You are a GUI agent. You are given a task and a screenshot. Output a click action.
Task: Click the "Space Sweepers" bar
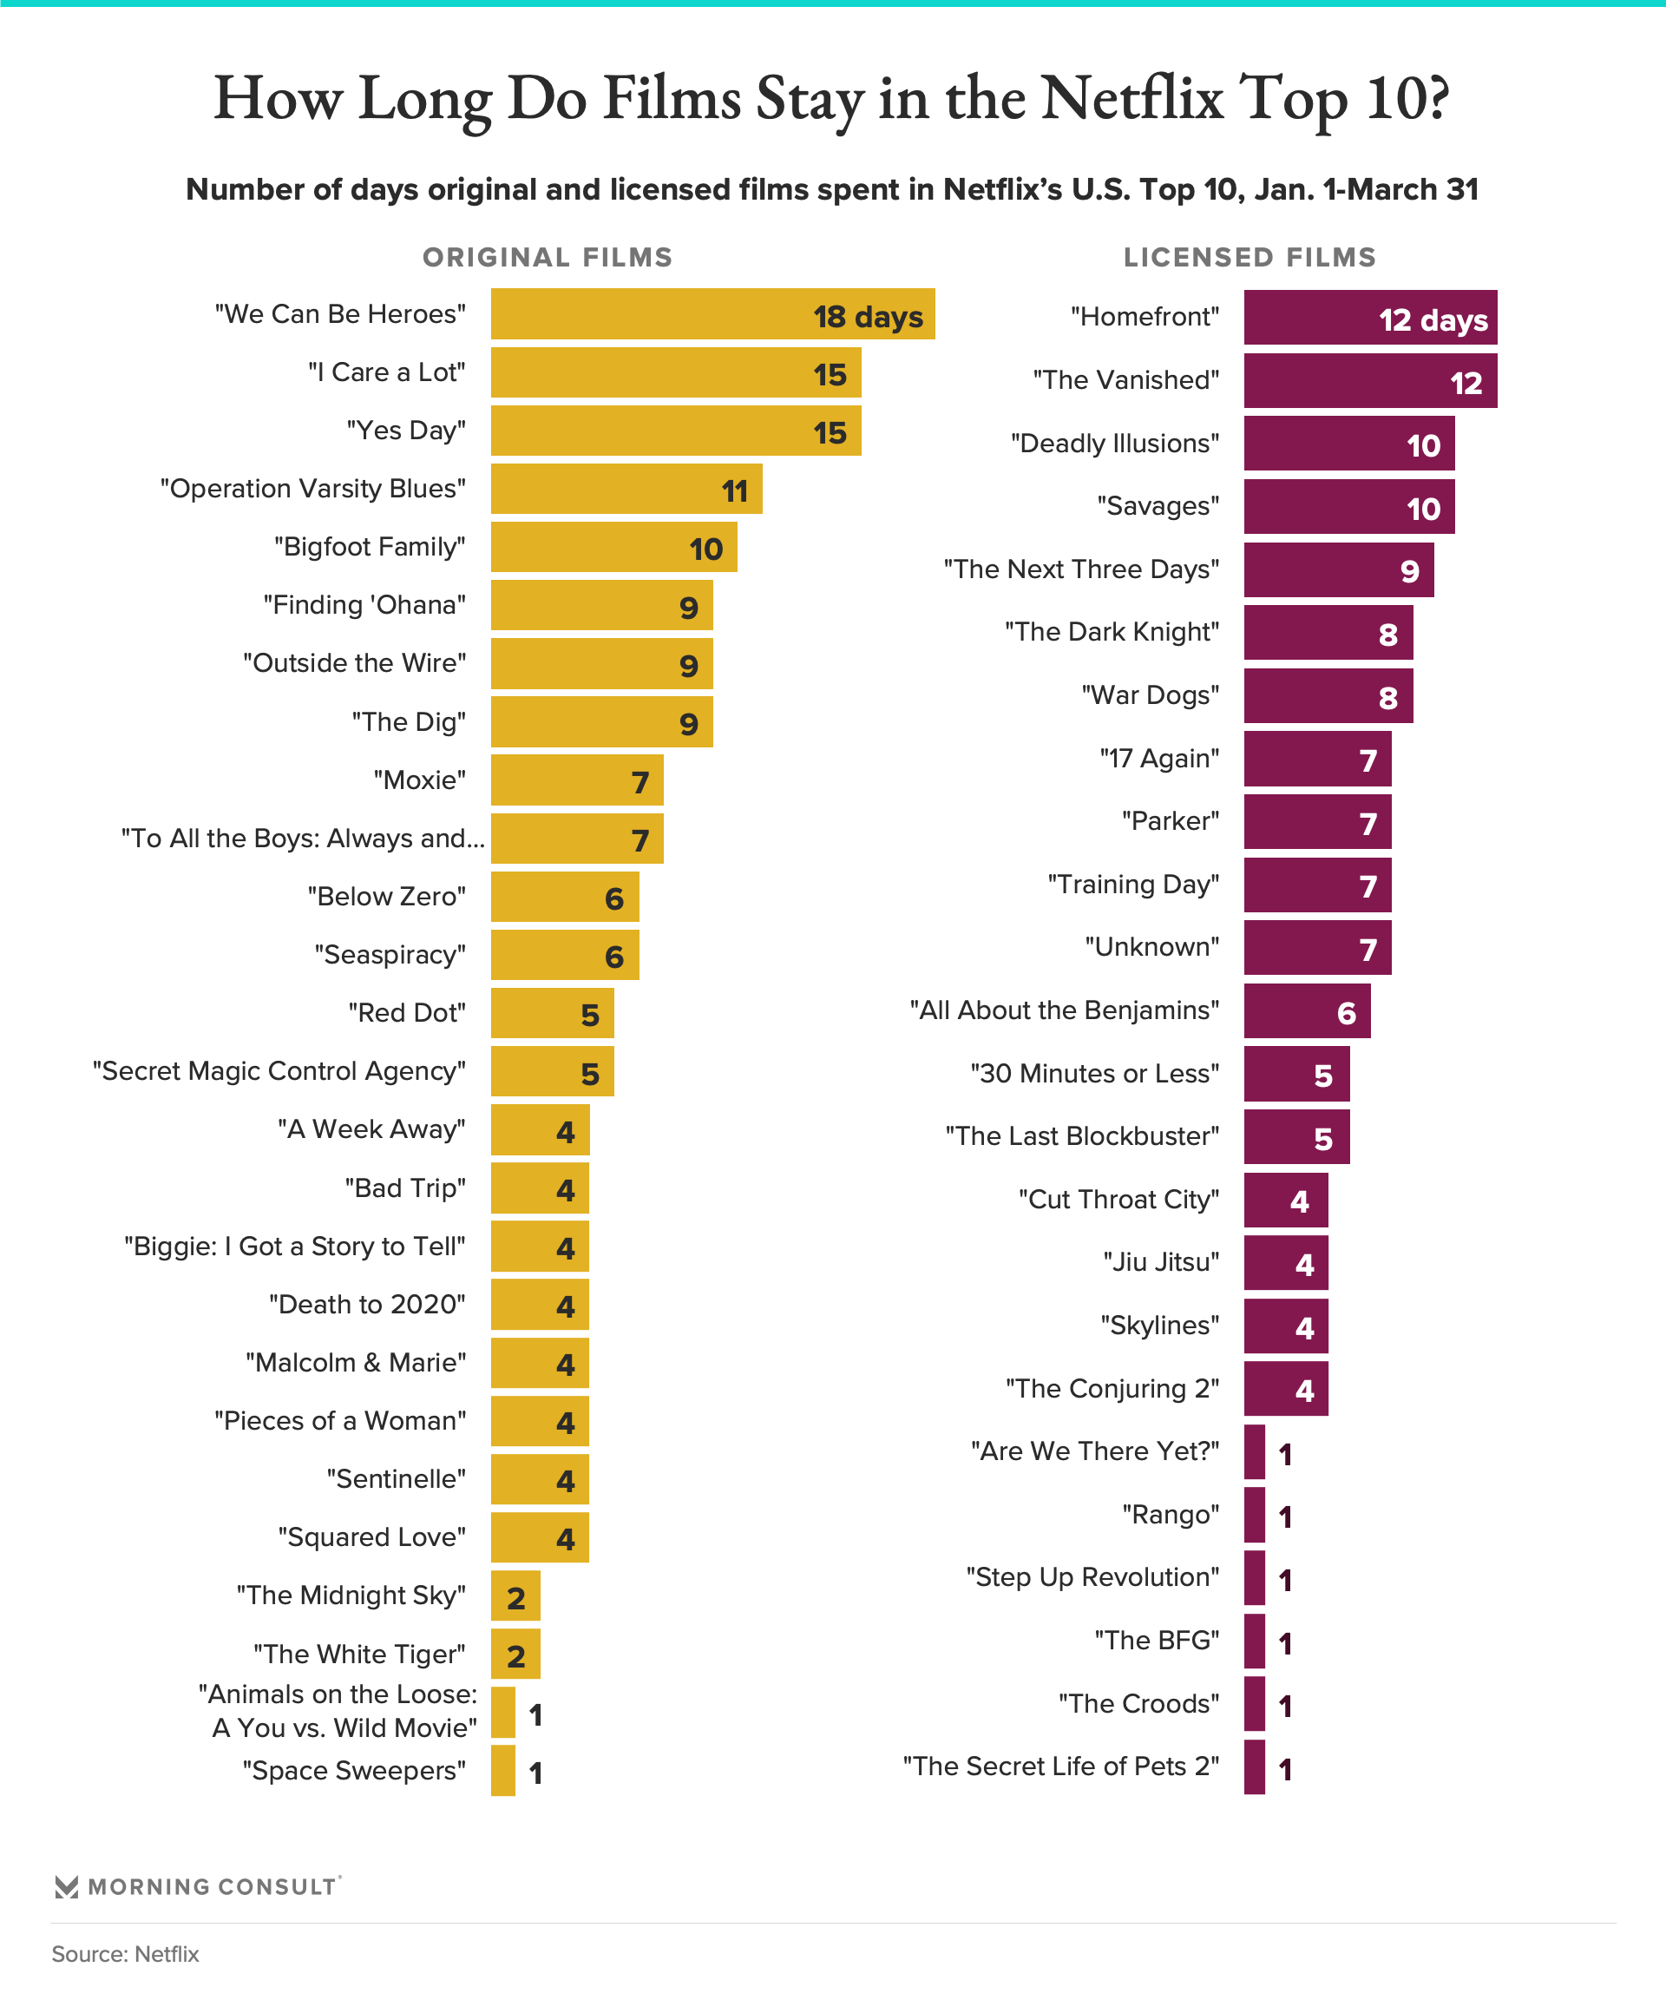502,1771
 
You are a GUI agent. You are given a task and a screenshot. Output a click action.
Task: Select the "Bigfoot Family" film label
370,547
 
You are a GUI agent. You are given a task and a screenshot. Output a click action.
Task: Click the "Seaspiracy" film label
390,954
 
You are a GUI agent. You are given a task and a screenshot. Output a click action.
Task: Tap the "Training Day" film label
1133,884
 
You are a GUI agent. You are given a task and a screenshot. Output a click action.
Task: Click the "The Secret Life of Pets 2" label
1060,1766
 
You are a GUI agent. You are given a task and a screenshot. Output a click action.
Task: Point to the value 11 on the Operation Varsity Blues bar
734,491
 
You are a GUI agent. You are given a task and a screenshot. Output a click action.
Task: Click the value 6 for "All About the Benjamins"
1346,1012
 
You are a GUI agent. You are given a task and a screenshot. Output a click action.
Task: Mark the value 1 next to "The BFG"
1285,1643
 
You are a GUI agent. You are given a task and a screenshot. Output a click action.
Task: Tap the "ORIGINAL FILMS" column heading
548,257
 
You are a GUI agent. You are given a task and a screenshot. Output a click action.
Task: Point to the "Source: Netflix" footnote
126,1954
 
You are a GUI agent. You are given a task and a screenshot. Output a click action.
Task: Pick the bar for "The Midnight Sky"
515,1595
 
